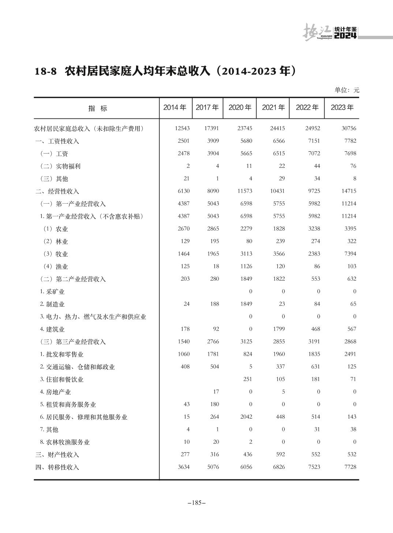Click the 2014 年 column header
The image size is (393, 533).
[175, 107]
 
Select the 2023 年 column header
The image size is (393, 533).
[342, 107]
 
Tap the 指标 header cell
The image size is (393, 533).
[98, 108]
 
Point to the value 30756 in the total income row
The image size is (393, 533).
[348, 128]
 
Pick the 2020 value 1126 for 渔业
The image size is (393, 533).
[246, 266]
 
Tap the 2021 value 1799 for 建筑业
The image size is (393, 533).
[279, 329]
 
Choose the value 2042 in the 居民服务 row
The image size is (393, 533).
[246, 417]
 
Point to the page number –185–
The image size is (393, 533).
[196, 503]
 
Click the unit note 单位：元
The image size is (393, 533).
[347, 90]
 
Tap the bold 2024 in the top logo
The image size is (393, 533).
[345, 35]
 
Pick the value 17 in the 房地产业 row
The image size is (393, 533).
[216, 392]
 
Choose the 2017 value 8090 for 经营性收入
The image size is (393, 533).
[213, 191]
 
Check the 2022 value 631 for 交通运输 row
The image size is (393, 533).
[315, 367]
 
